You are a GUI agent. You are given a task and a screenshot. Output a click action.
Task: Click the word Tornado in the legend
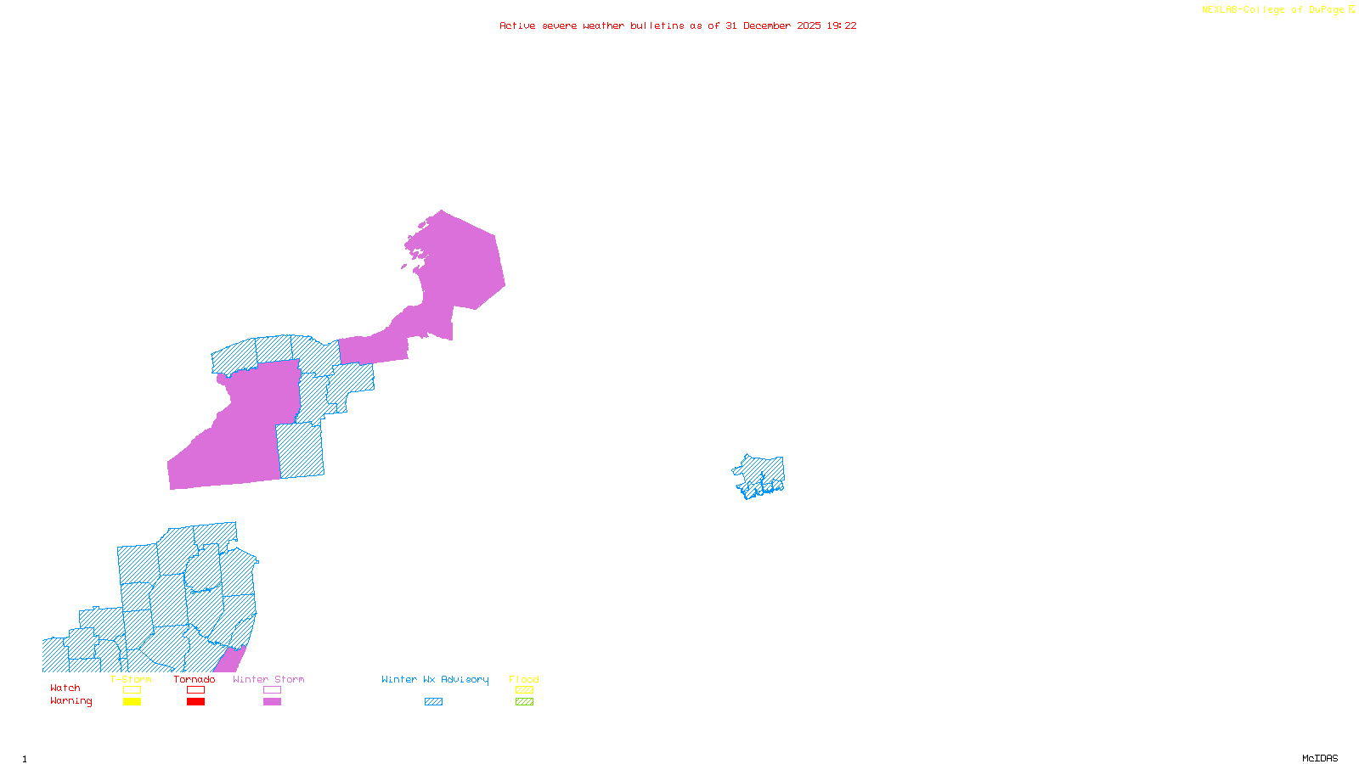pyautogui.click(x=195, y=679)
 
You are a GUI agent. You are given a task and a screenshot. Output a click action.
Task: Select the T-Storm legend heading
pyautogui.click(x=131, y=679)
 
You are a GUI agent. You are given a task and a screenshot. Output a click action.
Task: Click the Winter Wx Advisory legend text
pyautogui.click(x=435, y=679)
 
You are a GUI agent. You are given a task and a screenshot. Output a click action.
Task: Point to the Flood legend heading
pyautogui.click(x=524, y=679)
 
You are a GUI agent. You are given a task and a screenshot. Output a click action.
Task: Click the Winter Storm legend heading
pyautogui.click(x=268, y=679)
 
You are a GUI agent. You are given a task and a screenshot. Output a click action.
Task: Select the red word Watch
pyautogui.click(x=65, y=688)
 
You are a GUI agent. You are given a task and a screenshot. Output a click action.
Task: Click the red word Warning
pyautogui.click(x=71, y=701)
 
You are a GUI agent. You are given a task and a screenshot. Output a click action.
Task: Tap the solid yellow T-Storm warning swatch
pyautogui.click(x=132, y=701)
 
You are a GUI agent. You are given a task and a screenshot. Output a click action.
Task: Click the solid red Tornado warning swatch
pyautogui.click(x=195, y=701)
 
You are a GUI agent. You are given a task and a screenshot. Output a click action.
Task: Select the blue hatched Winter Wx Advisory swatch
pyautogui.click(x=433, y=701)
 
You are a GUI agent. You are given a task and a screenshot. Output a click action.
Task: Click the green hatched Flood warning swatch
pyautogui.click(x=524, y=701)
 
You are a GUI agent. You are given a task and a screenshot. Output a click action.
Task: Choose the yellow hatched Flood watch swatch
pyautogui.click(x=524, y=690)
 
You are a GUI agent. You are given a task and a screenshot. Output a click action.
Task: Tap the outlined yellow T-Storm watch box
pyautogui.click(x=132, y=690)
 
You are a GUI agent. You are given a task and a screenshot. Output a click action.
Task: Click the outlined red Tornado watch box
pyautogui.click(x=195, y=690)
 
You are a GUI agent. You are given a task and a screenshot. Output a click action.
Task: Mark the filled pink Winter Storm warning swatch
pyautogui.click(x=272, y=701)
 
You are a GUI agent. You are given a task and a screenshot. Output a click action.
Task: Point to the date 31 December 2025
pyautogui.click(x=773, y=25)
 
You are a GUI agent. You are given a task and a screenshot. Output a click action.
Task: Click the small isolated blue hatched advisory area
pyautogui.click(x=759, y=475)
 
